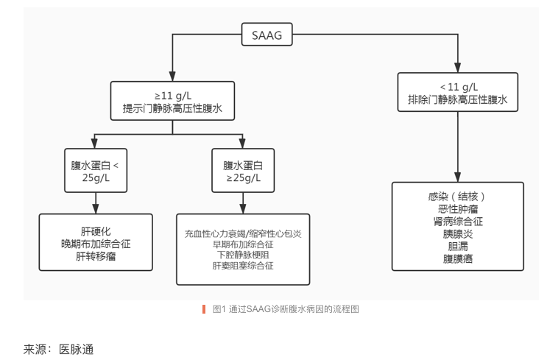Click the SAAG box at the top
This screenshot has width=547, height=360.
point(267,35)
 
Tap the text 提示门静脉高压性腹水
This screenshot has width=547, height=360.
point(172,110)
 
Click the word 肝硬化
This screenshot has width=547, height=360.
point(96,230)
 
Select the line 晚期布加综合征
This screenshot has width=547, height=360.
point(96,244)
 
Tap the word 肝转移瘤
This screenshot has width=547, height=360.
point(96,257)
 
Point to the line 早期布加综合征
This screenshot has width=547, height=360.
point(243,244)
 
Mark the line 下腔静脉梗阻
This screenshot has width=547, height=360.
point(243,255)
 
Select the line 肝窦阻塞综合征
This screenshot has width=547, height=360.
point(243,265)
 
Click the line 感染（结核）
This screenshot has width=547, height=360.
point(458,197)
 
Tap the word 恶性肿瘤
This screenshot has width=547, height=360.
point(458,209)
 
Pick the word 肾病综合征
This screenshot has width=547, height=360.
point(458,222)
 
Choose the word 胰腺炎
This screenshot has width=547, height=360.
point(458,234)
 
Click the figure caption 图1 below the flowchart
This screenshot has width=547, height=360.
point(285,309)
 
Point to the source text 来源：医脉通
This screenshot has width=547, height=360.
point(59,348)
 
